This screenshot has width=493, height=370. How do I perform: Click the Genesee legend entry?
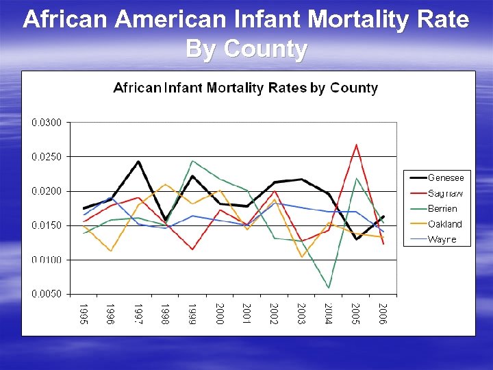point(446,178)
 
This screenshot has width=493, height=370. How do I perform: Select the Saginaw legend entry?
point(446,193)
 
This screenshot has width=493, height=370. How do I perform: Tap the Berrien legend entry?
point(442,208)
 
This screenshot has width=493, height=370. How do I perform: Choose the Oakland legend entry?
point(444,224)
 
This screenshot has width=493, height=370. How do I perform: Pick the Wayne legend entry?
point(442,239)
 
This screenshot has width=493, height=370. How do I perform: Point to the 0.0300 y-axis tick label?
point(47,123)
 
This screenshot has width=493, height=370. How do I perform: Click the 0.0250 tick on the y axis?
point(47,157)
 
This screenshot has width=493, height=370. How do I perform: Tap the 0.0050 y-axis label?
point(47,294)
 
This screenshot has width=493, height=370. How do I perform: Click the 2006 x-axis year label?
point(383,313)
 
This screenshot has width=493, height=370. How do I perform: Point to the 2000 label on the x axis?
point(220,313)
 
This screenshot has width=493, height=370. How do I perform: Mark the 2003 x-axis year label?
point(301,313)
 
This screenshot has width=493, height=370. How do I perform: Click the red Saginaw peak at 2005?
point(356,145)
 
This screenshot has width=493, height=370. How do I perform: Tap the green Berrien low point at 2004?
point(329,287)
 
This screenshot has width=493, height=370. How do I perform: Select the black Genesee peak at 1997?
point(138,162)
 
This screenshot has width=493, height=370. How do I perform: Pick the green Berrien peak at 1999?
point(192,161)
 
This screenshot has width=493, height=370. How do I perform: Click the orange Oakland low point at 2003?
point(301,257)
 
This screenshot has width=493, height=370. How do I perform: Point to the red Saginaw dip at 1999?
point(192,249)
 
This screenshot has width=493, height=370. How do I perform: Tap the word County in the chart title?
point(354,88)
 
